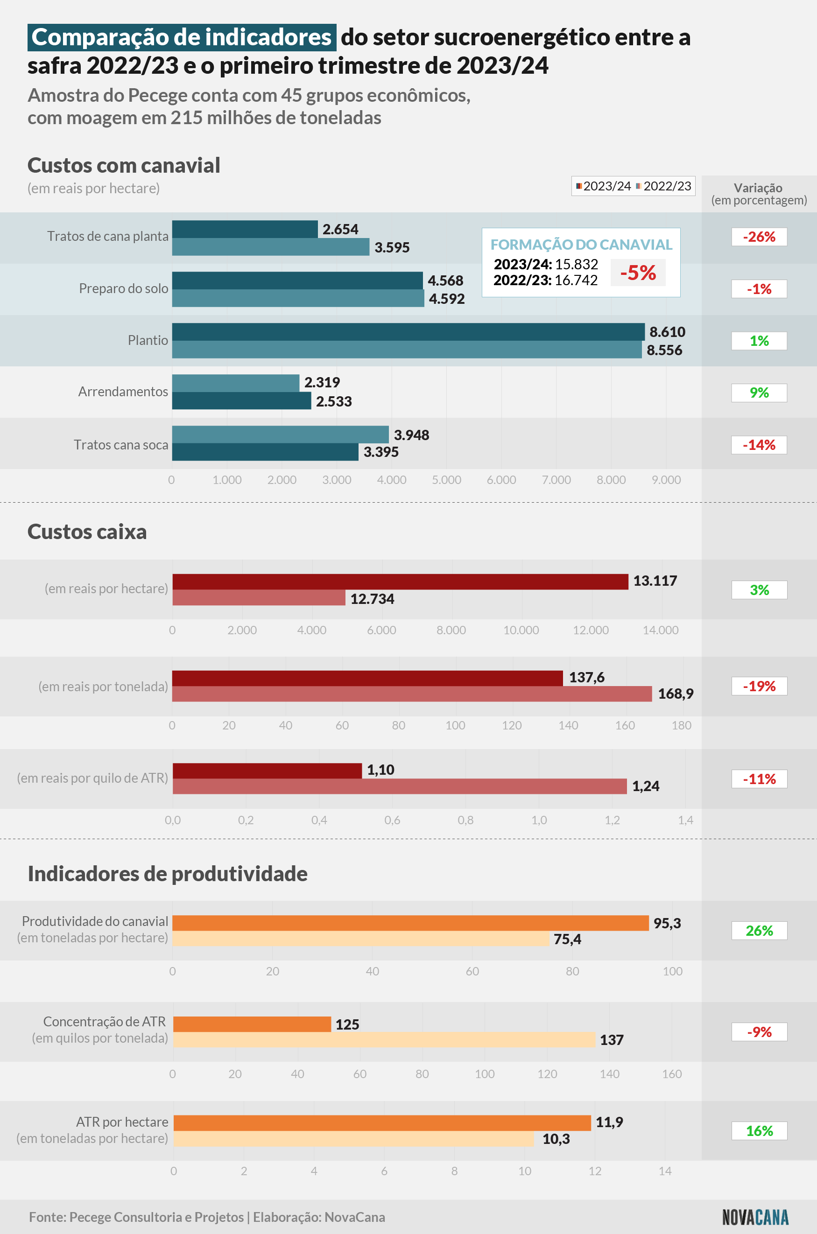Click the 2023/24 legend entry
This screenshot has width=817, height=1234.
(603, 186)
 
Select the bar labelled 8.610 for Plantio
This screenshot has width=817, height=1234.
(408, 332)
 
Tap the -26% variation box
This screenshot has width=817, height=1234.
(759, 237)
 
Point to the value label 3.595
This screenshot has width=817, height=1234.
(392, 247)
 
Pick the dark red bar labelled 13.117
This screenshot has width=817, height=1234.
(400, 582)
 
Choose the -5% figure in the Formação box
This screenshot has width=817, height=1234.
(638, 273)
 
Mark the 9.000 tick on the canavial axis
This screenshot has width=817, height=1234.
(666, 480)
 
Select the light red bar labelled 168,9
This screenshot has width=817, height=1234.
(412, 694)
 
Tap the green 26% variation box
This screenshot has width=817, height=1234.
(759, 930)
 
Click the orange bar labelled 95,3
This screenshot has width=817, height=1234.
(410, 923)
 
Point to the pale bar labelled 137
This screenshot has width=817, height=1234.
(384, 1040)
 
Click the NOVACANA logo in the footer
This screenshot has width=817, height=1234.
(755, 1217)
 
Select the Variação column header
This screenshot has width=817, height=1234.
(759, 194)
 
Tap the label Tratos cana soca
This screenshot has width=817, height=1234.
(121, 445)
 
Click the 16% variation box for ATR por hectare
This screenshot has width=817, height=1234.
(759, 1131)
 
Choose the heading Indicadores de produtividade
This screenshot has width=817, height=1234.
(167, 874)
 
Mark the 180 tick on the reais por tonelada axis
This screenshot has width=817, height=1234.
(681, 725)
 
